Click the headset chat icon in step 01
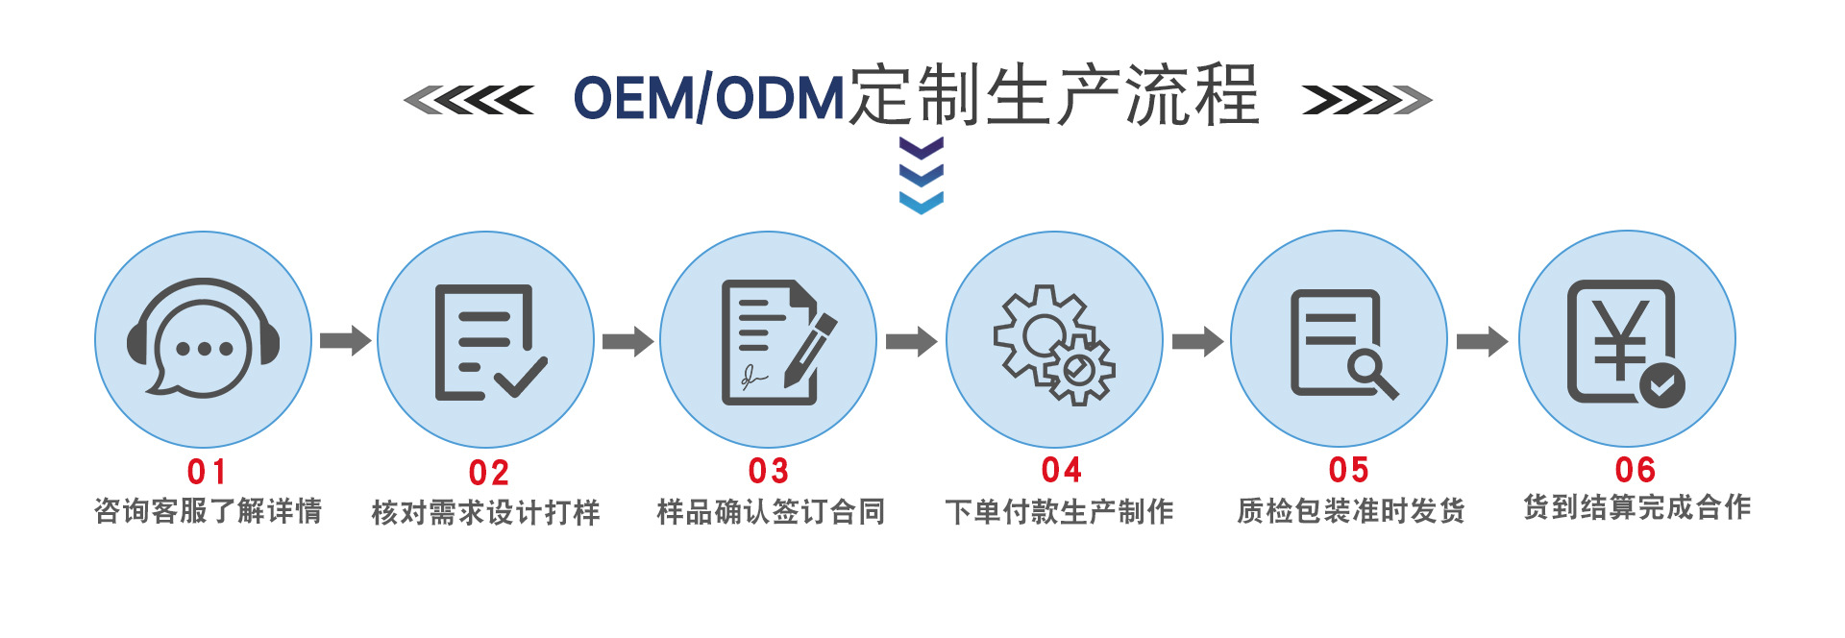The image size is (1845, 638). (203, 338)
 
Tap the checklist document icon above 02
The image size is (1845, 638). (488, 341)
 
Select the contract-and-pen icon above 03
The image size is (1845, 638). (775, 341)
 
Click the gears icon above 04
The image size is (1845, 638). (1054, 343)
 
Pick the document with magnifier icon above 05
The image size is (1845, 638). (1341, 343)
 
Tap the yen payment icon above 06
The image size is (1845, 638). (1625, 342)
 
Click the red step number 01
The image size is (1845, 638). (207, 472)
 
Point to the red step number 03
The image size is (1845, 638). (769, 471)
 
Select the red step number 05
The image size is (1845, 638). (1348, 470)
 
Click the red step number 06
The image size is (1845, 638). (1635, 470)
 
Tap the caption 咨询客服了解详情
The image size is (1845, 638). (208, 511)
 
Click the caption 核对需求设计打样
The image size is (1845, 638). (485, 512)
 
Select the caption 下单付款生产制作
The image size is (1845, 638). (1059, 512)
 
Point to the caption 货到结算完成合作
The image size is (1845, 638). (1636, 507)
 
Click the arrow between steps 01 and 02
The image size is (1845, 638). (345, 340)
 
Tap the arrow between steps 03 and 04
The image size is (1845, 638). (911, 341)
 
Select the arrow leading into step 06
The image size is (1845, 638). (1482, 341)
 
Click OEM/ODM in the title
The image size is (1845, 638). (708, 98)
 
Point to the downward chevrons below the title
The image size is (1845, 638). (921, 175)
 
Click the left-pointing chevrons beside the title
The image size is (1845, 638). (468, 100)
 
